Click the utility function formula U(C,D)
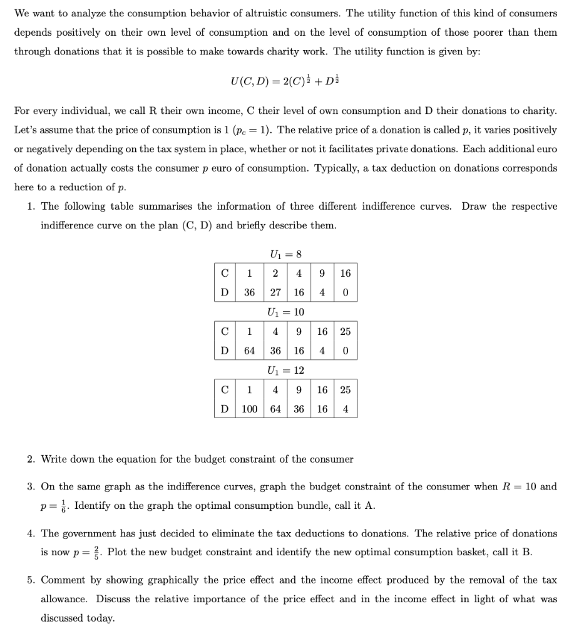[286, 81]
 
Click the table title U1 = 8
[285, 254]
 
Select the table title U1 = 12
[285, 371]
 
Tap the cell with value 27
[275, 292]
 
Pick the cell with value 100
[250, 409]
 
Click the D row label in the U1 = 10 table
[224, 351]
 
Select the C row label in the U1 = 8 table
[224, 273]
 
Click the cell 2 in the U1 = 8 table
[275, 273]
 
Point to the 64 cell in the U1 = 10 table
[250, 351]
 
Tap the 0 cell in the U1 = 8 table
[346, 292]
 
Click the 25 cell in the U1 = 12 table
[346, 389]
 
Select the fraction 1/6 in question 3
[64, 505]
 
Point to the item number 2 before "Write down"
[30, 459]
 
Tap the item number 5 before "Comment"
[30, 580]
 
